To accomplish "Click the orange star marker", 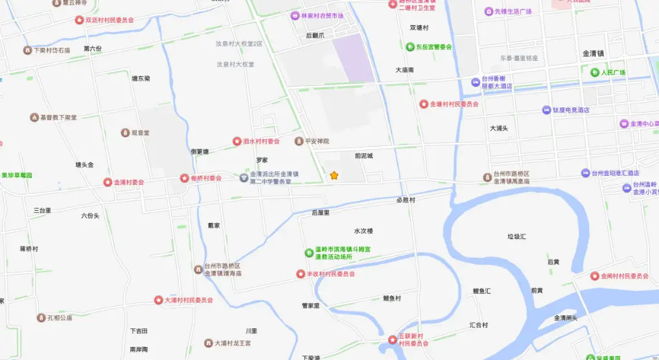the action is [334, 175].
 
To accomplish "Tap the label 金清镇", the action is [593, 54].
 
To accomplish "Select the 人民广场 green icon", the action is [594, 72].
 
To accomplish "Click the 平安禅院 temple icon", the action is [298, 141].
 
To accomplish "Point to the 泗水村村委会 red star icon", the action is [236, 141].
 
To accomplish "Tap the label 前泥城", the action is [364, 156].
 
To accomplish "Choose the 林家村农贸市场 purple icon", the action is [295, 16].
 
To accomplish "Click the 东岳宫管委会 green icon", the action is [410, 47].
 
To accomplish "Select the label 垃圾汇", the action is [517, 237].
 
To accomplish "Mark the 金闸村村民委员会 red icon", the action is [594, 276].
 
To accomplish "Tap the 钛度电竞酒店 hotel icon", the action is [546, 110].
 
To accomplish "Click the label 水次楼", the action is [364, 231].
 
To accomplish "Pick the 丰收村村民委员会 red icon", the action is [300, 274].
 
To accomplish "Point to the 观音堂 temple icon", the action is [125, 132].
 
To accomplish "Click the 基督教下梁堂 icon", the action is [34, 118].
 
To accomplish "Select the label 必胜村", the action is [406, 200].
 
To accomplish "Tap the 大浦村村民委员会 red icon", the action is [158, 300].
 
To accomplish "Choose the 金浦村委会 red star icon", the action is [108, 182].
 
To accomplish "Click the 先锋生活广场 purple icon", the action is [489, 12].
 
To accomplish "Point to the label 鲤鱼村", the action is [392, 299].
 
